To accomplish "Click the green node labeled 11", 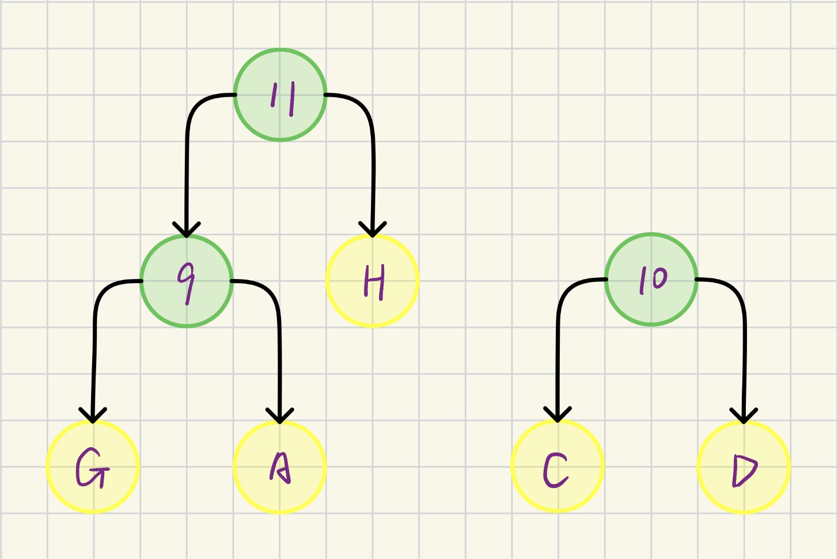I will [280, 95].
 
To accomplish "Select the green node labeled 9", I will [187, 281].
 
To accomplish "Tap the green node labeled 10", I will [651, 279].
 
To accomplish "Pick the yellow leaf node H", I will [373, 281].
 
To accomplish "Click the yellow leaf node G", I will [93, 467].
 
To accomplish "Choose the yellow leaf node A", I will [280, 467].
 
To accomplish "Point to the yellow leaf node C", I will [558, 466].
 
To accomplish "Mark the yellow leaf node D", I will [744, 467].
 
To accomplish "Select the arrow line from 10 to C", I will [558, 357].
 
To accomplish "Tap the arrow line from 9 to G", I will [94, 357].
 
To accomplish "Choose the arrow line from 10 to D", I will [744, 357].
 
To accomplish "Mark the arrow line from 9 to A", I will [280, 357].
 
